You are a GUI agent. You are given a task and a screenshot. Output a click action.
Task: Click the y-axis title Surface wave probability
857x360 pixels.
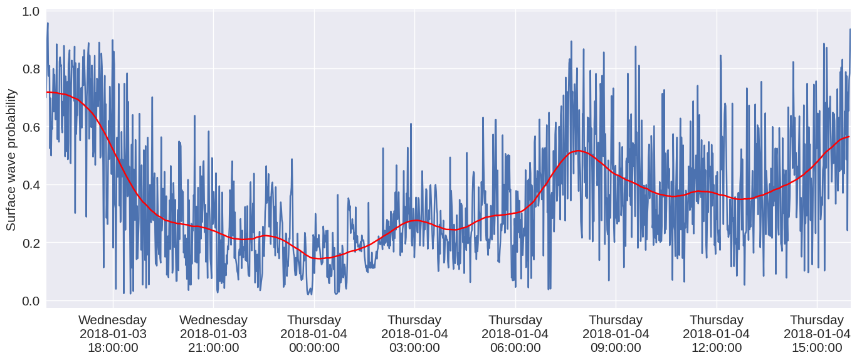[x=11, y=159]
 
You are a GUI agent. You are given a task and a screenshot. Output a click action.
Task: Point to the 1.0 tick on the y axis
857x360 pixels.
[x=31, y=11]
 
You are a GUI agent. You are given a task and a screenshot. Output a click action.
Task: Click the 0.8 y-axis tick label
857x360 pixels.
[x=31, y=69]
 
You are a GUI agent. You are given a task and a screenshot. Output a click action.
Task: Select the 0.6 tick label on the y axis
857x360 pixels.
[x=31, y=127]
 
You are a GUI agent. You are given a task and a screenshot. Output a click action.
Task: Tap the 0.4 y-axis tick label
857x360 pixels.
[x=31, y=185]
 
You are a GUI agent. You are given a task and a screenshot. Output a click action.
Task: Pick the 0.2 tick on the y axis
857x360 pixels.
[x=31, y=243]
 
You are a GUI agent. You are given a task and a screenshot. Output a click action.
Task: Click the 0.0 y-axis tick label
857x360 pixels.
[x=31, y=300]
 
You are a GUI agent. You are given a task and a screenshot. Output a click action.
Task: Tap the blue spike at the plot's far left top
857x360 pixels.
[x=48, y=24]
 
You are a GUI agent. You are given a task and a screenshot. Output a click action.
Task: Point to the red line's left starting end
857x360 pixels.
[x=47, y=92]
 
